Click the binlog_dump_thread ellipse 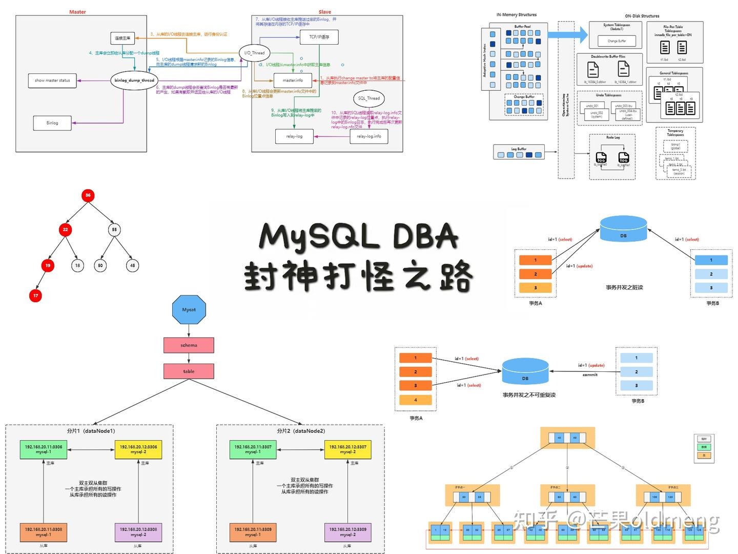point(134,81)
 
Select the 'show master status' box point(52,81)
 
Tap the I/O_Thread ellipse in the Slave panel point(255,53)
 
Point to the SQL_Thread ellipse point(369,98)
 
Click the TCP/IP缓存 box point(319,37)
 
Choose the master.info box point(293,81)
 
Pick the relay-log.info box point(369,136)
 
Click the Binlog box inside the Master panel point(52,123)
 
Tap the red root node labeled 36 point(88,195)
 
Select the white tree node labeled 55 point(114,229)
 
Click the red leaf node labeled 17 point(35,295)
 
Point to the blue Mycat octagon point(189,310)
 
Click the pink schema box point(189,345)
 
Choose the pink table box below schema point(189,371)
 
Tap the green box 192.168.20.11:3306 point(44,449)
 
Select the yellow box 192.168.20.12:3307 point(347,449)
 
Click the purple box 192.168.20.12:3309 point(347,532)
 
